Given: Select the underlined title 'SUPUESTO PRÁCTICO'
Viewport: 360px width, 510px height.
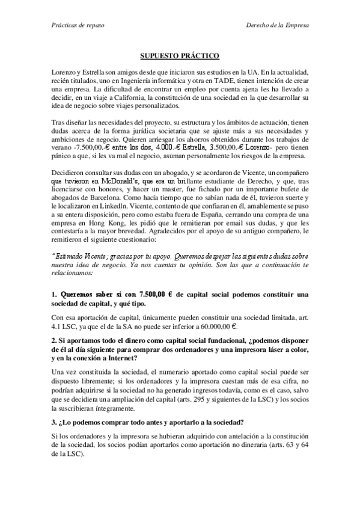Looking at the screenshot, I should click(x=180, y=55).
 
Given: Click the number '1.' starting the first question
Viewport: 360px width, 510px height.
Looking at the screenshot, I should click(x=53, y=294).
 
